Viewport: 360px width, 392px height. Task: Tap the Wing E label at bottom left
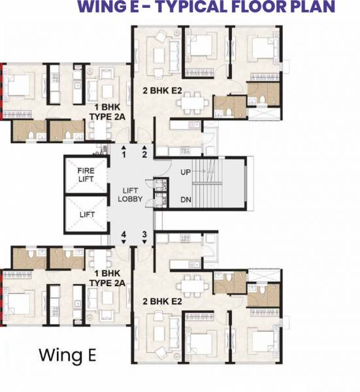click(67, 355)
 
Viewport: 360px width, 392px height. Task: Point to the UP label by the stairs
click(186, 172)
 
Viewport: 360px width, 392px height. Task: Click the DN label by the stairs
click(186, 199)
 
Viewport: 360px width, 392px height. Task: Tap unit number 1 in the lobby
click(123, 154)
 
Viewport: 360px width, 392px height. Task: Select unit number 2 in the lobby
click(144, 154)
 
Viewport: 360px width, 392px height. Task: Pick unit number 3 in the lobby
click(144, 233)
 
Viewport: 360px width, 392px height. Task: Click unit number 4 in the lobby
click(123, 233)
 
